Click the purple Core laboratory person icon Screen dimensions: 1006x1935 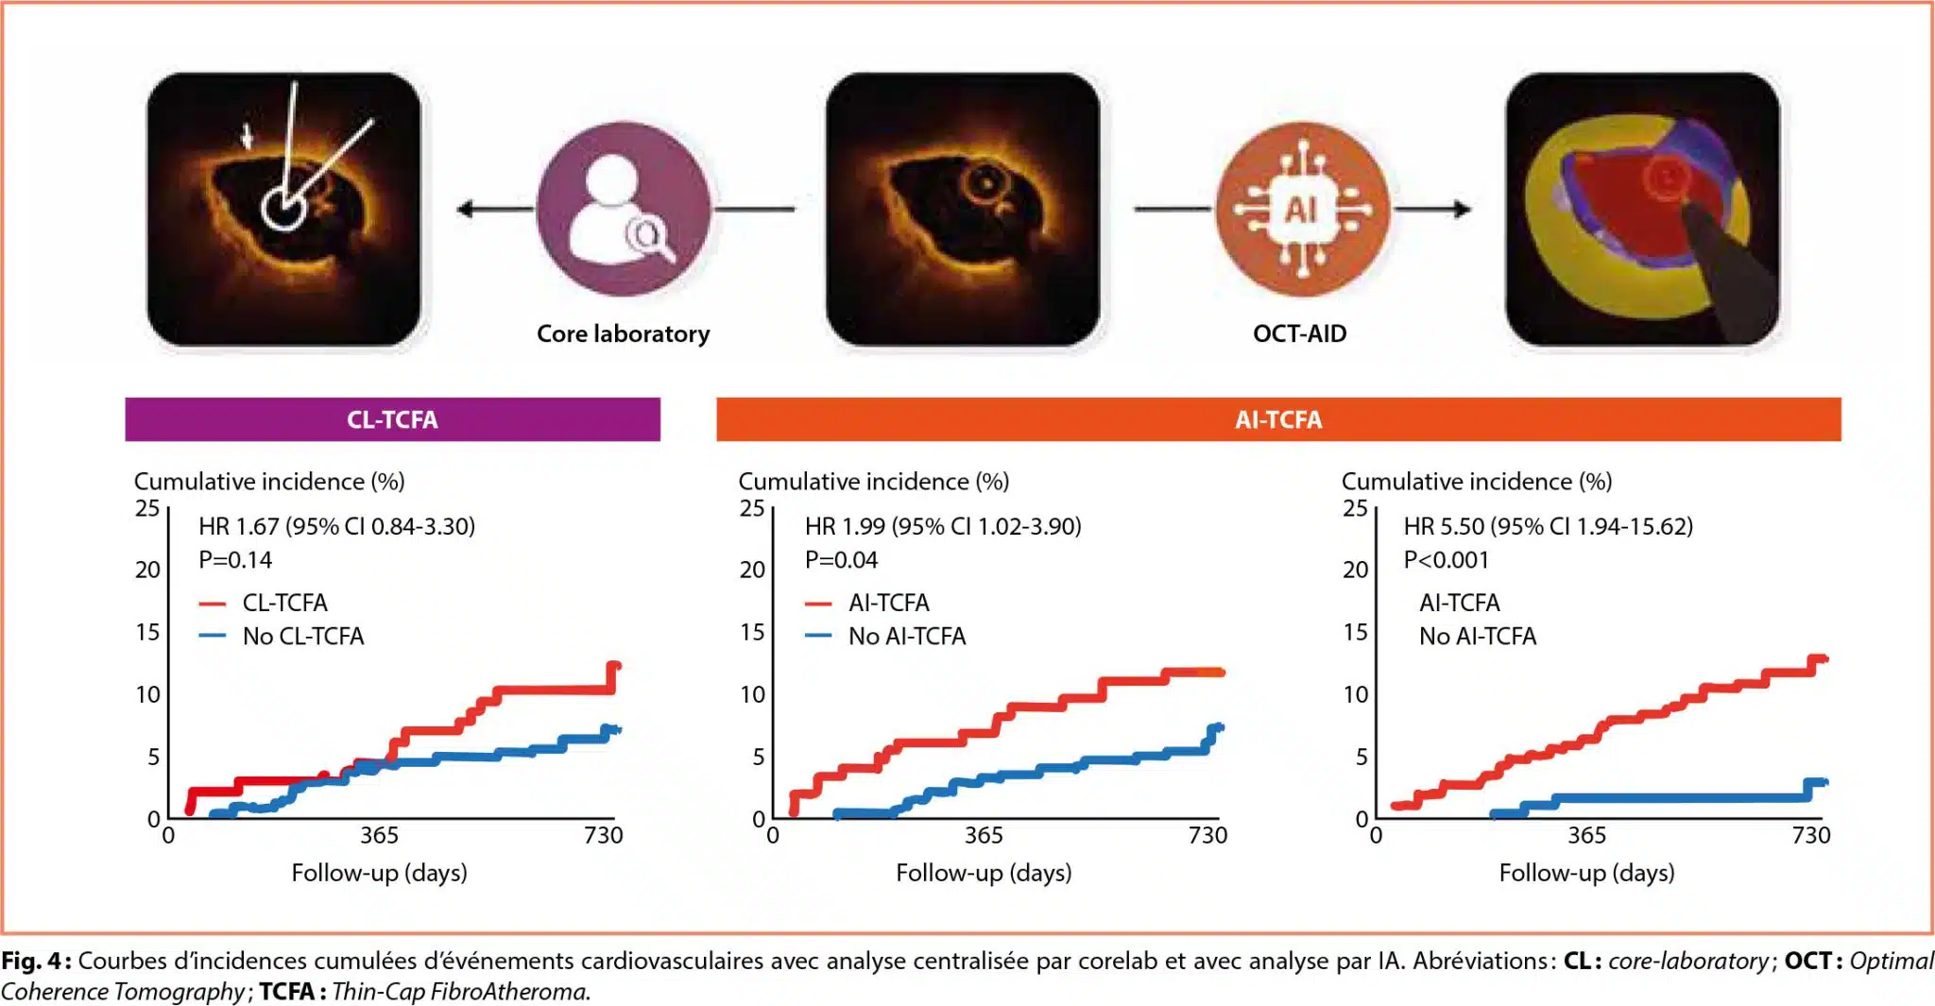(x=623, y=209)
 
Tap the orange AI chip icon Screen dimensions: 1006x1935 (x=1301, y=209)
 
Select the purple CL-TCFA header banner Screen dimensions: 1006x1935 (x=392, y=419)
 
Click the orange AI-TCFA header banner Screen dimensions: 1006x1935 (x=1278, y=419)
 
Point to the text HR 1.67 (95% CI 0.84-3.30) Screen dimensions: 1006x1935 (x=336, y=526)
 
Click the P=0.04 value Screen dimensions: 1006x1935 (x=841, y=560)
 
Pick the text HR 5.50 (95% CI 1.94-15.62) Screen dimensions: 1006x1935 (x=1548, y=526)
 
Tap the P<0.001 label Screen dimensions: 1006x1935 (x=1446, y=560)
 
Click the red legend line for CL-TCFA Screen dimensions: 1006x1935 (x=213, y=604)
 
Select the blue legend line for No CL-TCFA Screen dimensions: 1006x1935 (x=213, y=637)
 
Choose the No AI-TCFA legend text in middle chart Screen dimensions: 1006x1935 (x=907, y=637)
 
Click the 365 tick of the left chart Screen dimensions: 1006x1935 (x=379, y=835)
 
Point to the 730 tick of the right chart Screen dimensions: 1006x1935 (x=1810, y=835)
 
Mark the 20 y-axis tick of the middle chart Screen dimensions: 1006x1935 (x=752, y=570)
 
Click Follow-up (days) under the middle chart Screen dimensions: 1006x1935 (x=984, y=873)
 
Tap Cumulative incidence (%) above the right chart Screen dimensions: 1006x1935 (x=1476, y=482)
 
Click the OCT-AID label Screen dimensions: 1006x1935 (x=1299, y=333)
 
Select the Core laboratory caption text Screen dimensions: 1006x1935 (x=623, y=333)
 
